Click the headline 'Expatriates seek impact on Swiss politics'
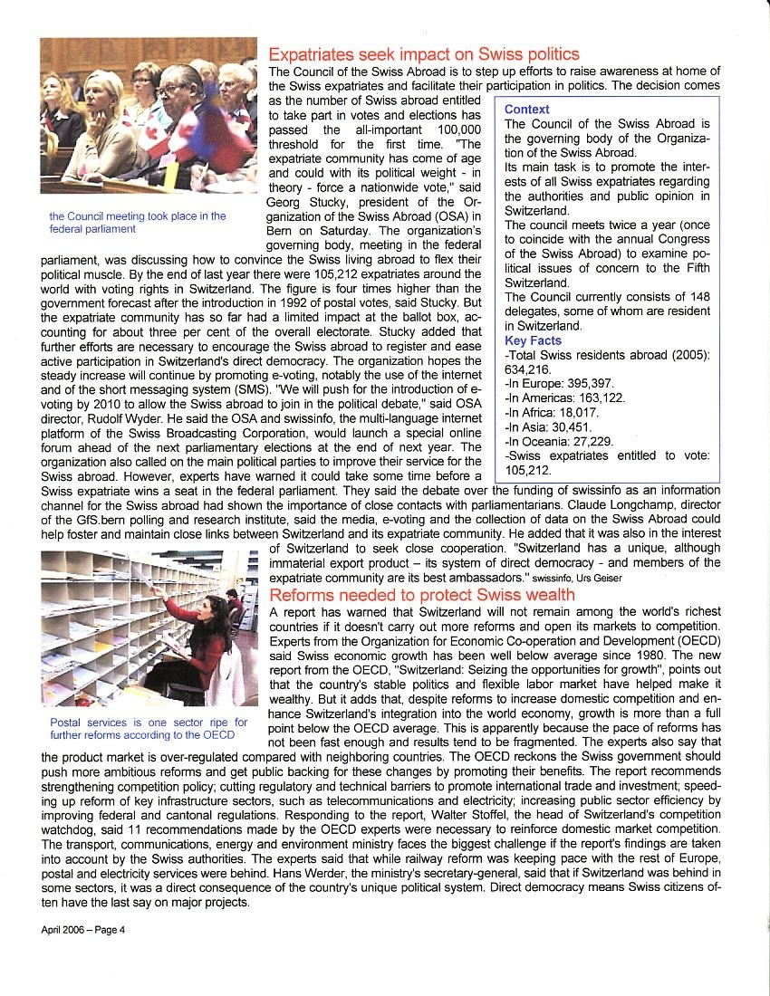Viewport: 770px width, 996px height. coord(424,54)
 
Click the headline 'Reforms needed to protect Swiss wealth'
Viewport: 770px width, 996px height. coord(422,595)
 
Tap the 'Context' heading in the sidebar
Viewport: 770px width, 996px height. coord(526,110)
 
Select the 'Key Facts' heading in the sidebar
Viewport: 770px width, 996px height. coord(534,340)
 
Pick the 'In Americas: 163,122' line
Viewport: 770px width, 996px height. coord(564,397)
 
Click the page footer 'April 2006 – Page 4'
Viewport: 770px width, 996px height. coord(82,931)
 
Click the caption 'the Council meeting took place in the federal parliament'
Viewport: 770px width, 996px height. coord(138,223)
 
